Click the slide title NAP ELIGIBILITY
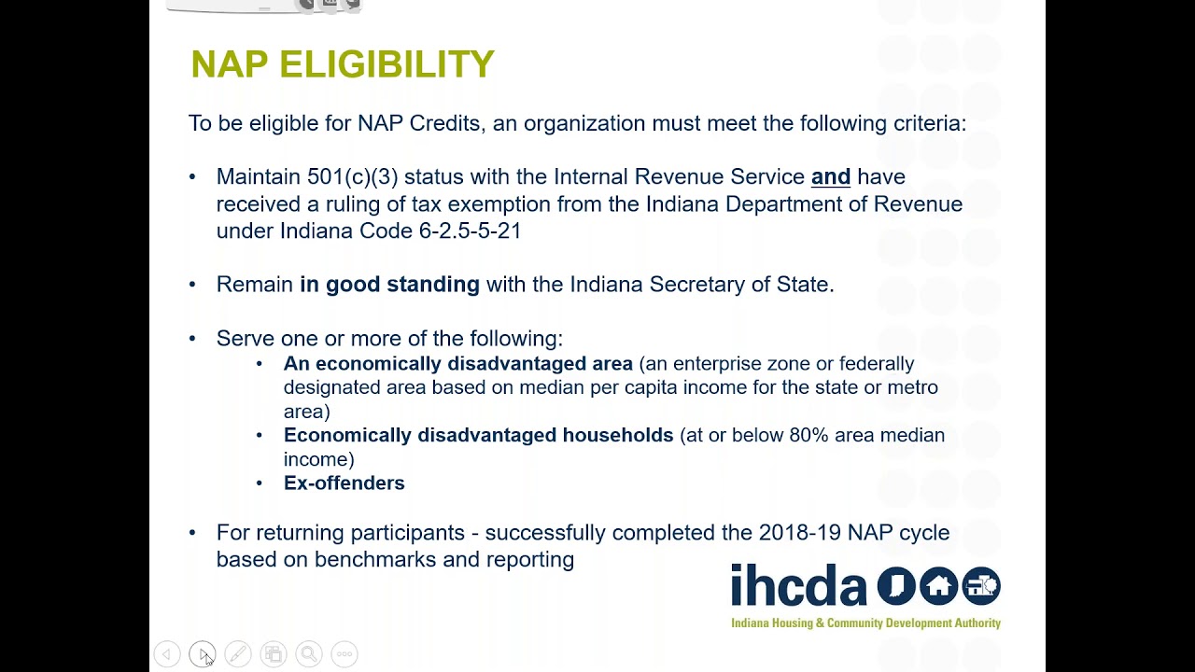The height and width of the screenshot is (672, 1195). pyautogui.click(x=342, y=64)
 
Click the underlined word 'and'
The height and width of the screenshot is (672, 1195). pyautogui.click(x=830, y=176)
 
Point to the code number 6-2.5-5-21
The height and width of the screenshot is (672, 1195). pyautogui.click(x=470, y=231)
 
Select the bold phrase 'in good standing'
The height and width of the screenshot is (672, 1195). pyautogui.click(x=389, y=285)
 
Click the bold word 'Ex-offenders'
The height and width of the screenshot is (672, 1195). pyautogui.click(x=344, y=483)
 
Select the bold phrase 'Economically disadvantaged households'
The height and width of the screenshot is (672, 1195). pyautogui.click(x=478, y=435)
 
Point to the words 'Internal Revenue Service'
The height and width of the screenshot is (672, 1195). pyautogui.click(x=679, y=176)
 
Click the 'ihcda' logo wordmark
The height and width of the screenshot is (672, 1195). pyautogui.click(x=798, y=585)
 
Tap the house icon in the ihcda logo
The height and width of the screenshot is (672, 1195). pyautogui.click(x=938, y=585)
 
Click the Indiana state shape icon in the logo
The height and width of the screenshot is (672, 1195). pyautogui.click(x=895, y=585)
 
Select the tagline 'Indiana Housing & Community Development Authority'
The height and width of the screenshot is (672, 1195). pyautogui.click(x=865, y=623)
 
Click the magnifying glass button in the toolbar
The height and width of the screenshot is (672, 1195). pyautogui.click(x=309, y=654)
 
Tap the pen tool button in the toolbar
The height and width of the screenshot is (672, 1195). pyautogui.click(x=238, y=654)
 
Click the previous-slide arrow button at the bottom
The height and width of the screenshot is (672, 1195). pyautogui.click(x=167, y=654)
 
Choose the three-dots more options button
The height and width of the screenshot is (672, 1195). pyautogui.click(x=344, y=654)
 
